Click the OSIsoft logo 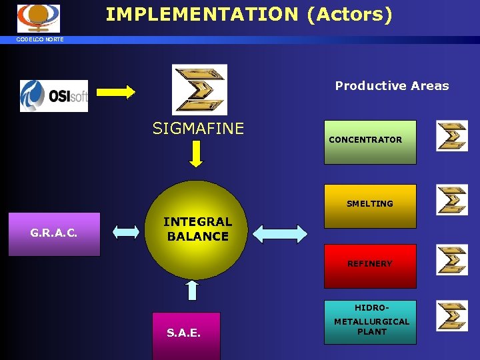pyautogui.click(x=54, y=95)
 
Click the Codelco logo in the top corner pyautogui.click(x=38, y=18)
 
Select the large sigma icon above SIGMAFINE pyautogui.click(x=199, y=89)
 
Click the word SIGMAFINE pyautogui.click(x=198, y=128)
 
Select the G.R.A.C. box pyautogui.click(x=54, y=234)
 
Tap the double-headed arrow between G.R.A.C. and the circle pyautogui.click(x=126, y=232)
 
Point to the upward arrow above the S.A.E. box pyautogui.click(x=192, y=291)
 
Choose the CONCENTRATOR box pyautogui.click(x=370, y=141)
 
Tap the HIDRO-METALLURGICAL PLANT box pyautogui.click(x=370, y=321)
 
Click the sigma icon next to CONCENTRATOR pyautogui.click(x=452, y=136)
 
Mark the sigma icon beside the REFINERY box pyautogui.click(x=452, y=259)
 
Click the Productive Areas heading pyautogui.click(x=392, y=85)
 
